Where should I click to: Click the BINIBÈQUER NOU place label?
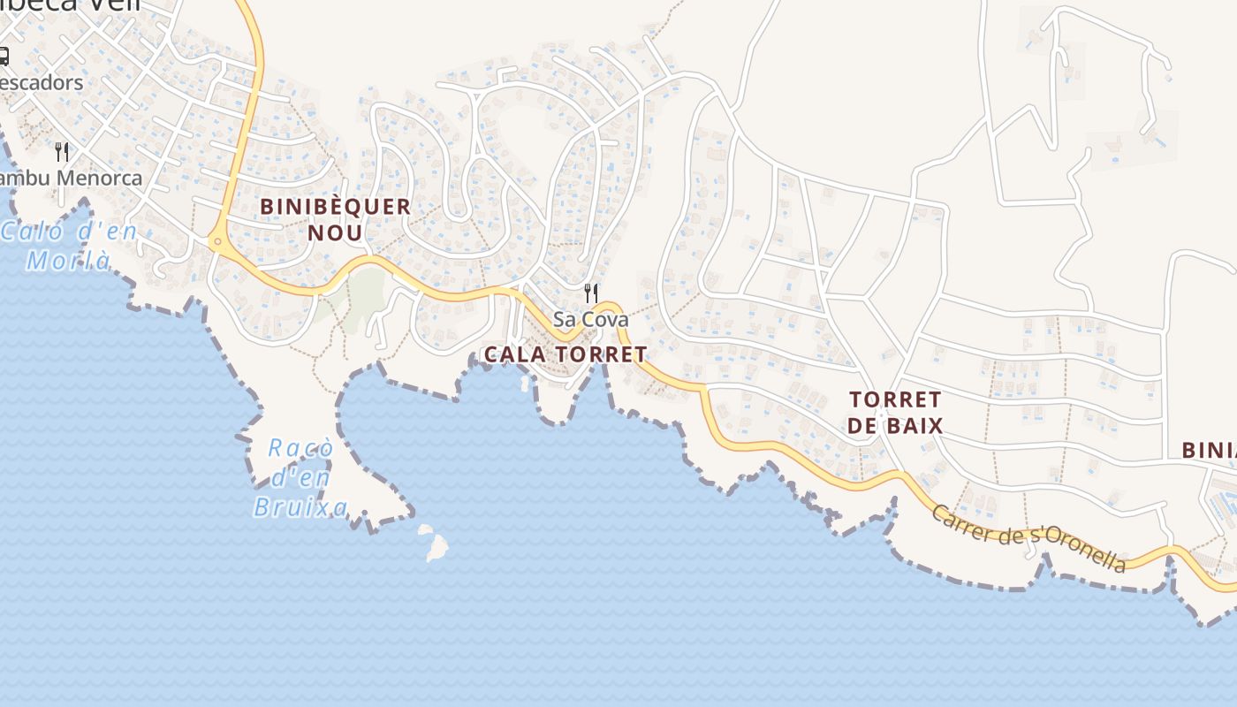pyautogui.click(x=336, y=219)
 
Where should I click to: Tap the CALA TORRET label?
pyautogui.click(x=565, y=354)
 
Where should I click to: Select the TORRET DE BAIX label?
pyautogui.click(x=895, y=412)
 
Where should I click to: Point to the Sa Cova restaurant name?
pyautogui.click(x=590, y=319)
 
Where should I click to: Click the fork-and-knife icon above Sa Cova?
pyautogui.click(x=591, y=293)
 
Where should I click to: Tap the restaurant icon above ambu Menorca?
pyautogui.click(x=62, y=152)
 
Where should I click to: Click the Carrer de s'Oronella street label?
pyautogui.click(x=1029, y=539)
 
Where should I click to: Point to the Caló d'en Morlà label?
pyautogui.click(x=69, y=246)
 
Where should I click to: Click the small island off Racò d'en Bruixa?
pyautogui.click(x=434, y=544)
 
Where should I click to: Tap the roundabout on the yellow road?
pyautogui.click(x=217, y=240)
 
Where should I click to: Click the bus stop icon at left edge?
pyautogui.click(x=3, y=57)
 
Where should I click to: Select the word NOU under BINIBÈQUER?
pyautogui.click(x=336, y=233)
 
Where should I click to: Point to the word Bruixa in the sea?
pyautogui.click(x=300, y=507)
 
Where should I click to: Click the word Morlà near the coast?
pyautogui.click(x=69, y=261)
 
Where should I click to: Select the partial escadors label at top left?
pyautogui.click(x=41, y=83)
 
